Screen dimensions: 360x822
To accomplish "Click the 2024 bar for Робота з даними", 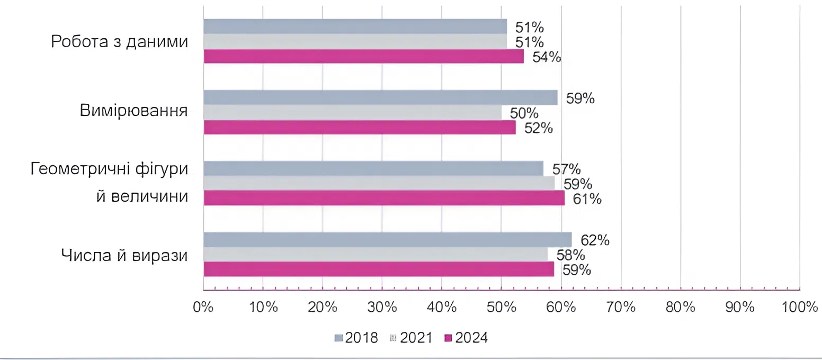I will tap(363, 56).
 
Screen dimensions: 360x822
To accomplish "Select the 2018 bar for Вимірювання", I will tap(380, 97).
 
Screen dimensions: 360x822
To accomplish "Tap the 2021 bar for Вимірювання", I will tap(352, 112).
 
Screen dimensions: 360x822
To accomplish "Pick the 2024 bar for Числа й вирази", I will tap(379, 269).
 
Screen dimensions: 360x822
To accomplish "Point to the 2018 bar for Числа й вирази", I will tap(387, 240).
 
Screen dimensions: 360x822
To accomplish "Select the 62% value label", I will tap(595, 240).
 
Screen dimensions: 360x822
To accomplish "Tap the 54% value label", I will tap(546, 57).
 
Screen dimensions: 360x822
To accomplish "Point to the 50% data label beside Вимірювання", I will tap(524, 113).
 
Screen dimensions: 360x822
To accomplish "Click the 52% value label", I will tap(538, 128).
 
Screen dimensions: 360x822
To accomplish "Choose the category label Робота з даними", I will tap(120, 42).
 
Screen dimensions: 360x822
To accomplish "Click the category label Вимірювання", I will tap(135, 112).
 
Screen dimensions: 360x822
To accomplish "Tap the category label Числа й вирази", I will tap(125, 255).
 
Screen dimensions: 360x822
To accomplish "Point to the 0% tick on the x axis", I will tap(203, 308).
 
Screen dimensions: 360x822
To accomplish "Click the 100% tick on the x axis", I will tap(799, 308).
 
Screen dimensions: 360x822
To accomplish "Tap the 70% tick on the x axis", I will tap(621, 308).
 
